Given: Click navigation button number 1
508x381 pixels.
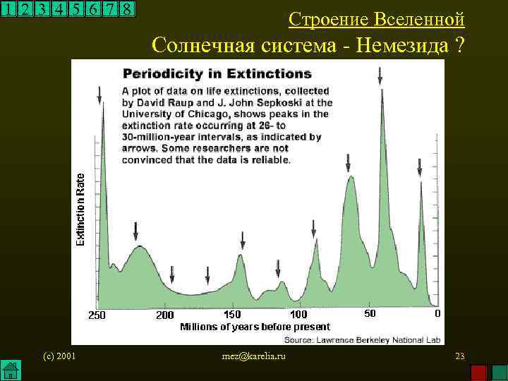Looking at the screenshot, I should click(x=8, y=9).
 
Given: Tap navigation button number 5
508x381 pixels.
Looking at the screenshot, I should click(x=75, y=9).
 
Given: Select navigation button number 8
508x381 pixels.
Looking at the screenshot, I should click(x=127, y=9).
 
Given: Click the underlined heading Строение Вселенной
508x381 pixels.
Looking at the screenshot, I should click(x=377, y=19).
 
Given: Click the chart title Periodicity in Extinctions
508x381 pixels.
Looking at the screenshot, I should click(x=217, y=73).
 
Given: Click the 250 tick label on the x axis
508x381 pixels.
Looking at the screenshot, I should click(x=96, y=315).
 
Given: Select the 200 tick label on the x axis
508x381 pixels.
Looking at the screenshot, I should click(x=165, y=315).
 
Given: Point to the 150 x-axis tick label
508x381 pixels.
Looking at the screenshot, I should click(x=232, y=314).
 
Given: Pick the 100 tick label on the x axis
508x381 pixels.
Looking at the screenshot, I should click(x=298, y=314).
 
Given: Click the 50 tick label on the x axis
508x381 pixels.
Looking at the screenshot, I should click(x=369, y=313).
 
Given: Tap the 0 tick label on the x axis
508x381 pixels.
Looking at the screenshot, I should click(x=437, y=313).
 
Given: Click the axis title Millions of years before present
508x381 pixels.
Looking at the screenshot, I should click(x=255, y=327).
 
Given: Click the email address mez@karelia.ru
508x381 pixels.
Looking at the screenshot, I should click(x=254, y=356).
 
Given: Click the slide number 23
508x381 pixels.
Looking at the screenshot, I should click(x=459, y=356).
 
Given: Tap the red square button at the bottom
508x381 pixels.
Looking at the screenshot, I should click(x=478, y=372).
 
